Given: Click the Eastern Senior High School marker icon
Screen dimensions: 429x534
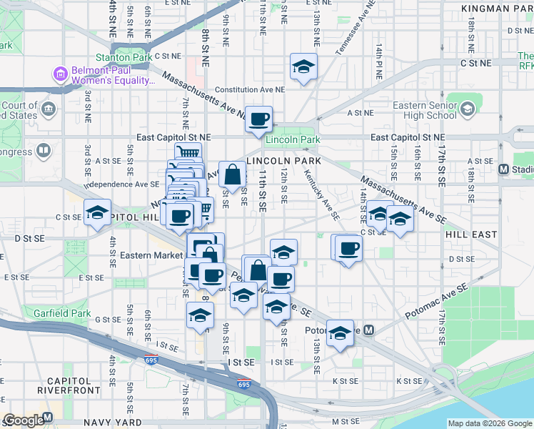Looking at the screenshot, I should [467, 109].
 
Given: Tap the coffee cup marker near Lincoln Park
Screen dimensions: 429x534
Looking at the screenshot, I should [259, 119].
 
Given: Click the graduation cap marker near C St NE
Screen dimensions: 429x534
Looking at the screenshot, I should [303, 68].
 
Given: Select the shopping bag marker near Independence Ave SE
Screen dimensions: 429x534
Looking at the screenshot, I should [233, 174].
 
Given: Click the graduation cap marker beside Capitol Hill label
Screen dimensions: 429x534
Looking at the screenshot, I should [97, 213].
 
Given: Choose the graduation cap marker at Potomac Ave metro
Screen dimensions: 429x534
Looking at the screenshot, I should [341, 333].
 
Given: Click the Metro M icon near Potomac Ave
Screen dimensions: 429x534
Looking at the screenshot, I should [368, 330].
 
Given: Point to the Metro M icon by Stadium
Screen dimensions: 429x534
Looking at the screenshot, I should [504, 169].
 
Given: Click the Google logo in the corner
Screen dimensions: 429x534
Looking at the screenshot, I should [24, 420].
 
